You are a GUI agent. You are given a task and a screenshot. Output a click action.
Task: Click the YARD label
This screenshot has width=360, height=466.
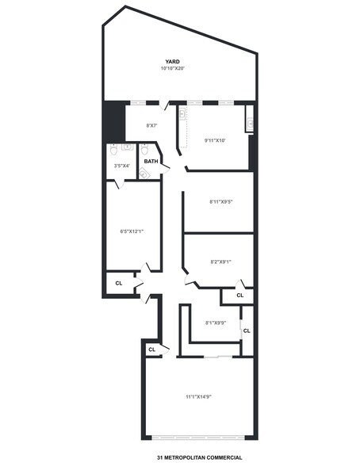pyautogui.click(x=172, y=61)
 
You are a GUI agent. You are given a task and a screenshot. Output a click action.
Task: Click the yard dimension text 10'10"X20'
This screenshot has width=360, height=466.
pyautogui.click(x=172, y=68)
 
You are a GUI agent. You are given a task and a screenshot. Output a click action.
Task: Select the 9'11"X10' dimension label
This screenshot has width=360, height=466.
pyautogui.click(x=215, y=140)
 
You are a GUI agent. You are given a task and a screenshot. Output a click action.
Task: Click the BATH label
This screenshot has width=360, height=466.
pyautogui.click(x=151, y=161)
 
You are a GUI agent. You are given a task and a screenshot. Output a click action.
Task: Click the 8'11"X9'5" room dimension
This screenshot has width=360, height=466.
pyautogui.click(x=220, y=202)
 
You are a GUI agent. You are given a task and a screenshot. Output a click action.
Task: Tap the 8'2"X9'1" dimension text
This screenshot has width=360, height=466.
pyautogui.click(x=220, y=262)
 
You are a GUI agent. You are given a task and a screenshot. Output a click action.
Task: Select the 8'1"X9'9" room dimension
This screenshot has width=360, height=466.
pyautogui.click(x=216, y=323)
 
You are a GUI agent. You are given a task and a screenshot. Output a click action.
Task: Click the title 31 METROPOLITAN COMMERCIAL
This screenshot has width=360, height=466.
pyautogui.click(x=199, y=458)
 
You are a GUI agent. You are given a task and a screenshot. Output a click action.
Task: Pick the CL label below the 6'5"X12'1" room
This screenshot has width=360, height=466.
pyautogui.click(x=119, y=283)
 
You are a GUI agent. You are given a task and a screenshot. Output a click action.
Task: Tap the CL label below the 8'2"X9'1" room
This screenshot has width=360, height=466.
pyautogui.click(x=239, y=296)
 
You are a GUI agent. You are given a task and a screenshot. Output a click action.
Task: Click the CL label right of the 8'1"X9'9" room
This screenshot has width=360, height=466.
pyautogui.click(x=247, y=330)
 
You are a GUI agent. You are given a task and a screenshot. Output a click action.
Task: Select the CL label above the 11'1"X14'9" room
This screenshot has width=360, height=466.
pyautogui.click(x=151, y=349)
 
